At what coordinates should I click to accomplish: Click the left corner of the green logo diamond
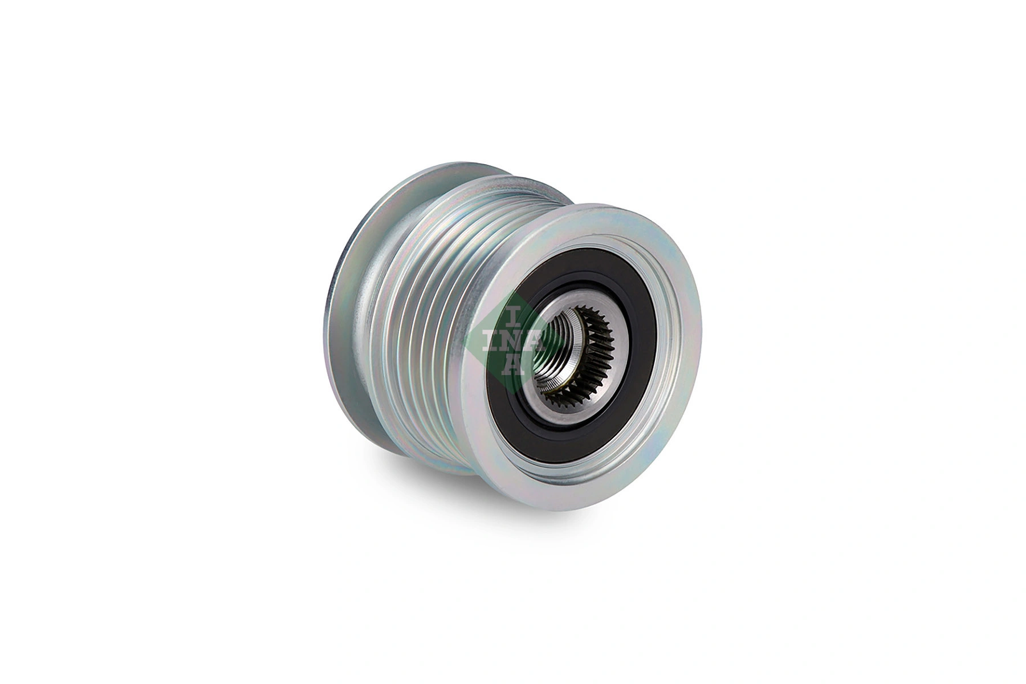[466, 341]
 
